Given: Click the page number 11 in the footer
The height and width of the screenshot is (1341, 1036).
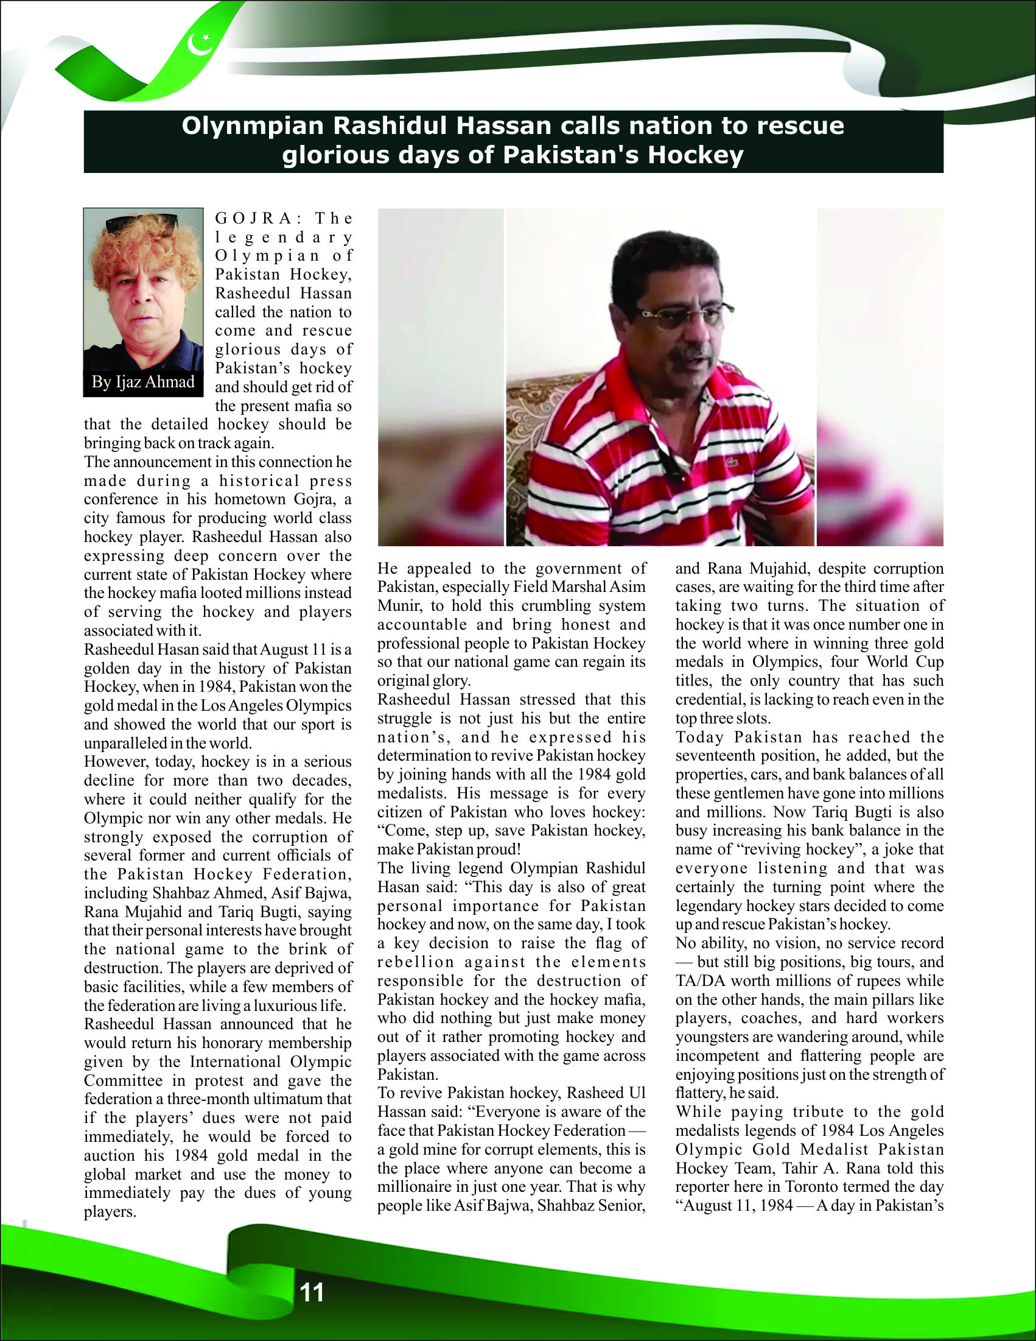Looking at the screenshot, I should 312,1292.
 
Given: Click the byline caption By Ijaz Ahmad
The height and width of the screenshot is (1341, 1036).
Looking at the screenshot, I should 143,382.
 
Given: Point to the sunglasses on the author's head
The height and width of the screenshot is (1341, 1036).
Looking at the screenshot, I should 142,223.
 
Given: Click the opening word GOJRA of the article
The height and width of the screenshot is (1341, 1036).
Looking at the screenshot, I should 253,219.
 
